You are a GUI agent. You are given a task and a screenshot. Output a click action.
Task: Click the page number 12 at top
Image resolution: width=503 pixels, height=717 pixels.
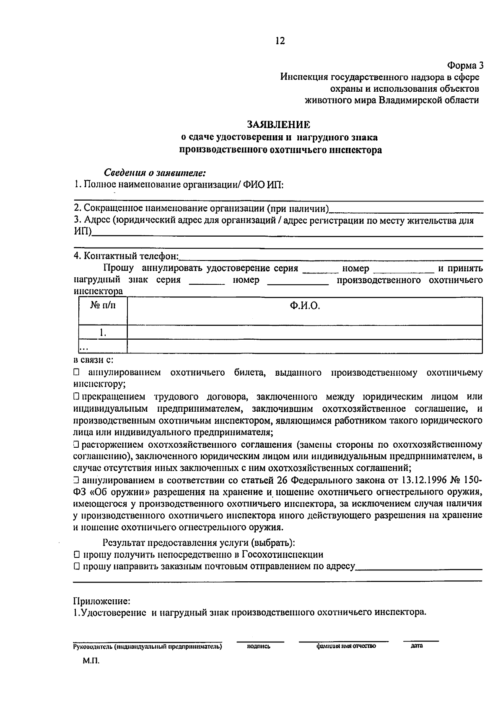tap(280, 41)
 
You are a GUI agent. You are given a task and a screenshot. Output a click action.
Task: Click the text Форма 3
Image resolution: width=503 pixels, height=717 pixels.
tap(465, 66)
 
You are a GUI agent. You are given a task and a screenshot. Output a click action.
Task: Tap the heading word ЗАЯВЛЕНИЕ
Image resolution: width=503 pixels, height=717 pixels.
tap(279, 125)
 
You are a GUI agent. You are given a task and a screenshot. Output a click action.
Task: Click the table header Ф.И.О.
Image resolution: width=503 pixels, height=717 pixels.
tap(304, 306)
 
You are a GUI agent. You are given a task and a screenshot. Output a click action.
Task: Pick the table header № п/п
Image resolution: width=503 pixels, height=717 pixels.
tap(103, 306)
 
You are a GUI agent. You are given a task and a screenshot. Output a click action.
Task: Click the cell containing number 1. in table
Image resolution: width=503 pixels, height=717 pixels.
tap(103, 333)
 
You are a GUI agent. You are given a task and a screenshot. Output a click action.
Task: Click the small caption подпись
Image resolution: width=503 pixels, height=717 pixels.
tap(259, 646)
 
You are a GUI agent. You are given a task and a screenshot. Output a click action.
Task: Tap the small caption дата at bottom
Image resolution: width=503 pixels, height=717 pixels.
tap(417, 646)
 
